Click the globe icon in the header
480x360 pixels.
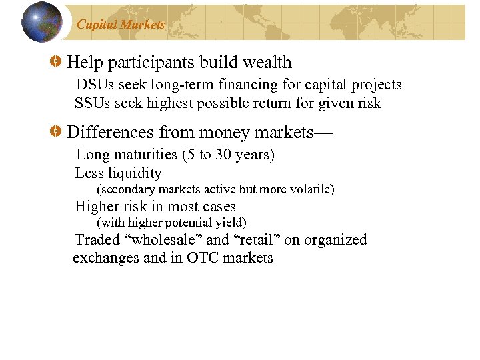42,22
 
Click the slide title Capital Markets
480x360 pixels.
121,25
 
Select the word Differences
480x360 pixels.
111,133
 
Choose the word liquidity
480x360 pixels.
136,173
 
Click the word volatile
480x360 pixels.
309,189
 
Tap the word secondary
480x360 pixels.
127,189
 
